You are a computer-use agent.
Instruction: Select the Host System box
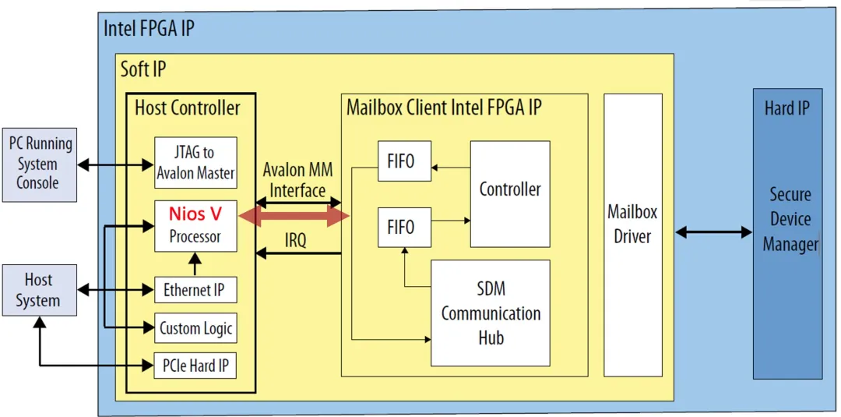(39, 290)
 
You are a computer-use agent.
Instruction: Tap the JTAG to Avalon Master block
(195, 164)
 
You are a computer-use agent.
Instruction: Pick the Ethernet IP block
(195, 291)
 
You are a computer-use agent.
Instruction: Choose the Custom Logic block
(195, 328)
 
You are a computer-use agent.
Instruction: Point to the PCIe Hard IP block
(195, 366)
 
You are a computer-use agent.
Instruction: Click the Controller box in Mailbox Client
(510, 189)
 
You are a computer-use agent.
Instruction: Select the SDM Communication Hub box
(491, 313)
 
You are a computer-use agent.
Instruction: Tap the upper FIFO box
(404, 162)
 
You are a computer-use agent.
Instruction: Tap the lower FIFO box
(404, 228)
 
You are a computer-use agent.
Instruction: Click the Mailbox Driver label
(632, 224)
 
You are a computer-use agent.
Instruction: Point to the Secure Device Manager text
(790, 219)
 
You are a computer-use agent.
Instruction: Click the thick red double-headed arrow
(294, 217)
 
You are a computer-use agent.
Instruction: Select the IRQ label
(295, 241)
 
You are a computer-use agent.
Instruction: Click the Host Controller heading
(188, 108)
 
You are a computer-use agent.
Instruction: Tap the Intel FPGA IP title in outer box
(150, 30)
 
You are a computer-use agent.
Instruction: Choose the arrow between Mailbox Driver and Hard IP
(713, 231)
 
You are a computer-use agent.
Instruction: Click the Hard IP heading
(786, 108)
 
